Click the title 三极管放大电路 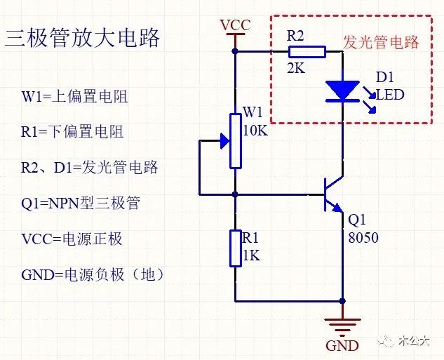pyautogui.click(x=83, y=37)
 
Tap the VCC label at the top pyautogui.click(x=235, y=26)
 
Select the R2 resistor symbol pyautogui.click(x=307, y=51)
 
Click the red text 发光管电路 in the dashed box pyautogui.click(x=381, y=42)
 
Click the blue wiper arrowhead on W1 pyautogui.click(x=224, y=141)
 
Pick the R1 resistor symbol pyautogui.click(x=236, y=248)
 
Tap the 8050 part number pyautogui.click(x=363, y=238)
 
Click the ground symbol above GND pyautogui.click(x=342, y=324)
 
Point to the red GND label pyautogui.click(x=342, y=346)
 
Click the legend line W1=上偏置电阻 pyautogui.click(x=75, y=96)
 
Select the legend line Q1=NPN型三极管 pyautogui.click(x=81, y=203)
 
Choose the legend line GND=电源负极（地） pyautogui.click(x=93, y=274)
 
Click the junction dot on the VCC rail pyautogui.click(x=236, y=51)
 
